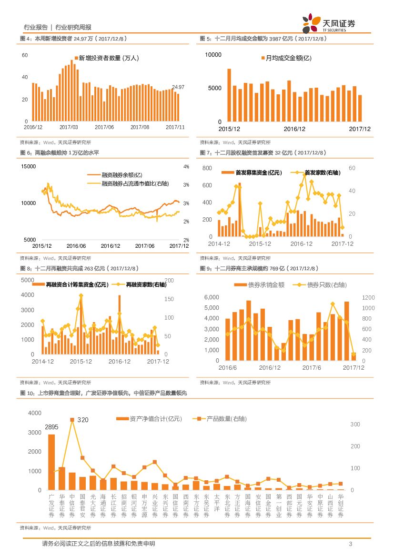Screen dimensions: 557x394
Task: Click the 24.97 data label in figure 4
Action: click(178, 87)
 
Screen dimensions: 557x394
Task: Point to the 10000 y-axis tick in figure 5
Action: click(213, 55)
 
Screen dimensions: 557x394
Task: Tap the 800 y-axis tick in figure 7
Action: click(207, 168)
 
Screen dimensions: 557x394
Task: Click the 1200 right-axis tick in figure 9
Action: click(369, 297)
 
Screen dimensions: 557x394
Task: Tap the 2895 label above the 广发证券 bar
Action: click(51, 427)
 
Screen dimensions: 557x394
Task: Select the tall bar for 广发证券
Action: click(51, 462)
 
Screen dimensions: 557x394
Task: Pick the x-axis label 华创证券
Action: click(340, 506)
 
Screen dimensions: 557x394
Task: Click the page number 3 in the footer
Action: click(350, 544)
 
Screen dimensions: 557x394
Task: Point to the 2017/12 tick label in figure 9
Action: click(353, 367)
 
